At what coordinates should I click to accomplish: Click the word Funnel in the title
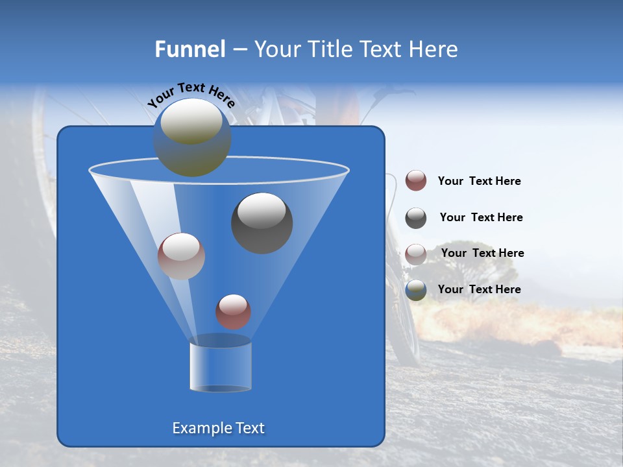coord(189,49)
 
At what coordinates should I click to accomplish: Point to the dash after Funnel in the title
coord(239,50)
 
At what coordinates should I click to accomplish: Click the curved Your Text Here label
coord(191,95)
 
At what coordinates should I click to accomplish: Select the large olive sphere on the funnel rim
coord(192,137)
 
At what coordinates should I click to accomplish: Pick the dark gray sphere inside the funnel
coord(262,223)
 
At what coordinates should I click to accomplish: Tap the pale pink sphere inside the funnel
coord(181,256)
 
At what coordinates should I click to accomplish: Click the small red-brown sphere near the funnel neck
coord(233,311)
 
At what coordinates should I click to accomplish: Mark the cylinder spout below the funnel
coord(220,365)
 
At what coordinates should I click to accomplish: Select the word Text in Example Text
coord(249,428)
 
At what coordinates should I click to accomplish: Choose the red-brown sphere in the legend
coord(416,180)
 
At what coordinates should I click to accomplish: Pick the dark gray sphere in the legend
coord(416,218)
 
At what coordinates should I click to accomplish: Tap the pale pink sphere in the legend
coord(416,254)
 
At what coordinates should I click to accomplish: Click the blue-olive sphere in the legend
coord(416,290)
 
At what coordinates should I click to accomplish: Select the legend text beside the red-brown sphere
coord(479,181)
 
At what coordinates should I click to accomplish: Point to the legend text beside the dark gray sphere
coord(481,217)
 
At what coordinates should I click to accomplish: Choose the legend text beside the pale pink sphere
coord(482,253)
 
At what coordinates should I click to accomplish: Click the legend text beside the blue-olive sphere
coord(479,289)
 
